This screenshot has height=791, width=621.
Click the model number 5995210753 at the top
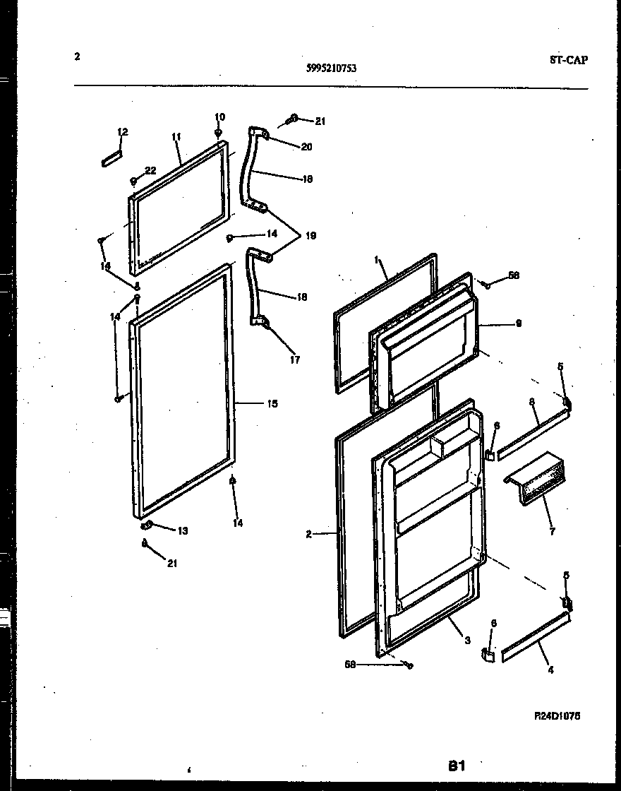click(331, 68)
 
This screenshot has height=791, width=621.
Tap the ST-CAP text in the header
click(568, 60)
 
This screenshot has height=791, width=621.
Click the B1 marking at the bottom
click(457, 765)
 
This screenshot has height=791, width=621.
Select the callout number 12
click(122, 132)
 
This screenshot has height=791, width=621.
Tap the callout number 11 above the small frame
click(176, 136)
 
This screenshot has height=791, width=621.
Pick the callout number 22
click(150, 170)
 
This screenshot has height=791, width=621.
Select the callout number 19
click(310, 237)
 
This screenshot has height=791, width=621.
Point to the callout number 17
click(294, 359)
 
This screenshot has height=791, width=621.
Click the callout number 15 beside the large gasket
click(272, 404)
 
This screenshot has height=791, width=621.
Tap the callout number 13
click(183, 530)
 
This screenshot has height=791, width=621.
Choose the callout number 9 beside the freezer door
click(519, 324)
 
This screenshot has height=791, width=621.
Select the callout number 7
click(552, 531)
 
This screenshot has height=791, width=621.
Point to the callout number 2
click(309, 535)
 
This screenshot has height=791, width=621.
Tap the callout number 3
click(467, 641)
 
